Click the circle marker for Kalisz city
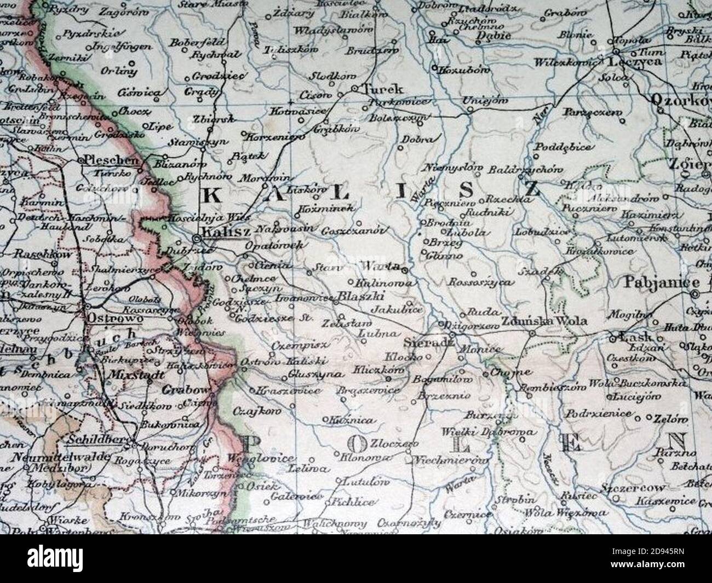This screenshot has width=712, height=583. point(197,239)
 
